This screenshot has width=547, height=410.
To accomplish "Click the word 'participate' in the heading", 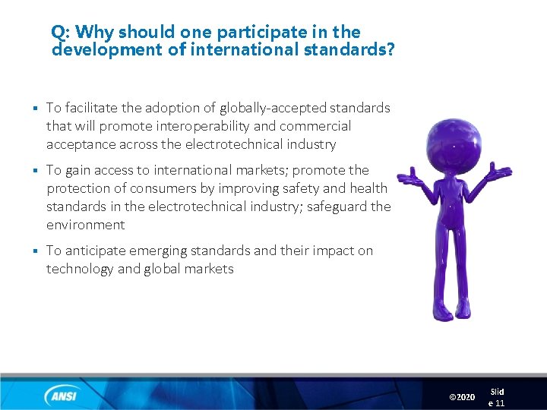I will [262, 33].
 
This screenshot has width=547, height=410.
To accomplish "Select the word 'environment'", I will [86, 225].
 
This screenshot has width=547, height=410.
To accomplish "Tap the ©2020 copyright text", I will [462, 397].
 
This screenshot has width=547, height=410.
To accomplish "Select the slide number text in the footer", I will [496, 397].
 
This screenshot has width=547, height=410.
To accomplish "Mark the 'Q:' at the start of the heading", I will [61, 33].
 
